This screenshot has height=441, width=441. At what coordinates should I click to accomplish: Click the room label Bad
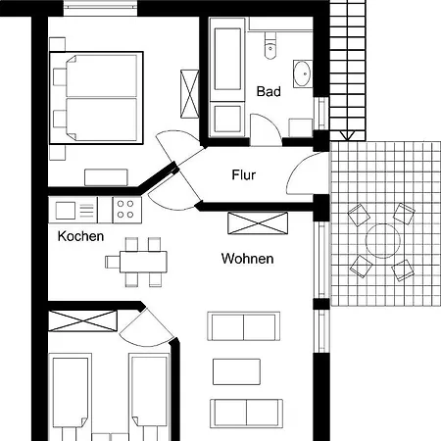pyautogui.click(x=269, y=91)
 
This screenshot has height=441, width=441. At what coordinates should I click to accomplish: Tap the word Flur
pyautogui.click(x=244, y=174)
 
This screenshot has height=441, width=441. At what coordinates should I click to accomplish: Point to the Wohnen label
pyautogui.click(x=247, y=259)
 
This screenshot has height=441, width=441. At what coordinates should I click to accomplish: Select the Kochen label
pyautogui.click(x=80, y=236)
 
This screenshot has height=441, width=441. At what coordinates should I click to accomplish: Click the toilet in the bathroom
pyautogui.click(x=270, y=45)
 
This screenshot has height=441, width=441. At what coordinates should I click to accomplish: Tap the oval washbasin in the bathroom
pyautogui.click(x=303, y=73)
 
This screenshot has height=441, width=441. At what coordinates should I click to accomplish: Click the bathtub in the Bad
pyautogui.click(x=227, y=59)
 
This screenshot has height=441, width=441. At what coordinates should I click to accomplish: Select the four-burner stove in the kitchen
pyautogui.click(x=126, y=210)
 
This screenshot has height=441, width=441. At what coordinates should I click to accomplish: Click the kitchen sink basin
pyautogui.click(x=66, y=210)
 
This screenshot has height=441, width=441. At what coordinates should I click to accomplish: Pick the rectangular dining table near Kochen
pyautogui.click(x=143, y=262)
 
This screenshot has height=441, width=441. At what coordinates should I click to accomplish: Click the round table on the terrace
pyautogui.click(x=383, y=241)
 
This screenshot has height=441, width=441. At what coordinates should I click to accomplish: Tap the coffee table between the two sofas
pyautogui.click(x=236, y=371)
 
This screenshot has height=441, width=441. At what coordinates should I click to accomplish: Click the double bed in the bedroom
pyautogui.click(x=96, y=98)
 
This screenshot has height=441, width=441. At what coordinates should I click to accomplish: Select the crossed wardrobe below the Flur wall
pyautogui.click(x=258, y=223)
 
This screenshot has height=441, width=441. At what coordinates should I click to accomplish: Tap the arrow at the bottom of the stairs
pyautogui.click(x=347, y=135)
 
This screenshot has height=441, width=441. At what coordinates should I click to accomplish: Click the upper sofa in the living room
pyautogui.click(x=243, y=326)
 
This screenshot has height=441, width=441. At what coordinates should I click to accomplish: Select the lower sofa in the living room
pyautogui.click(x=246, y=414)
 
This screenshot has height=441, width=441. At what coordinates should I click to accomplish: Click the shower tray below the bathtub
pyautogui.click(x=227, y=119)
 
